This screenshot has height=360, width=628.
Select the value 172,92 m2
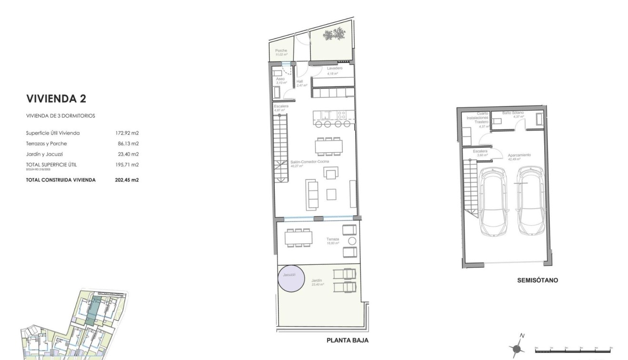(x=124, y=133)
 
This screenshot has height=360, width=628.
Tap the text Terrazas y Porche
(x=46, y=144)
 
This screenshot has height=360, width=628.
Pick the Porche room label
(x=281, y=50)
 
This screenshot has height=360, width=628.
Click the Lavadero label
(x=335, y=69)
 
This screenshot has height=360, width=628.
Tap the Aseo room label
(x=280, y=79)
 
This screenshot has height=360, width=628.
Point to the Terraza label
(x=333, y=239)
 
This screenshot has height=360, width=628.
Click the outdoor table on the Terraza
(x=299, y=237)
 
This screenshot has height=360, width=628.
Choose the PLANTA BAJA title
(x=347, y=340)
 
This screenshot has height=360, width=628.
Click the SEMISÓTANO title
(x=538, y=280)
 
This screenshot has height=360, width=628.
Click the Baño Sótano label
(x=513, y=113)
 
